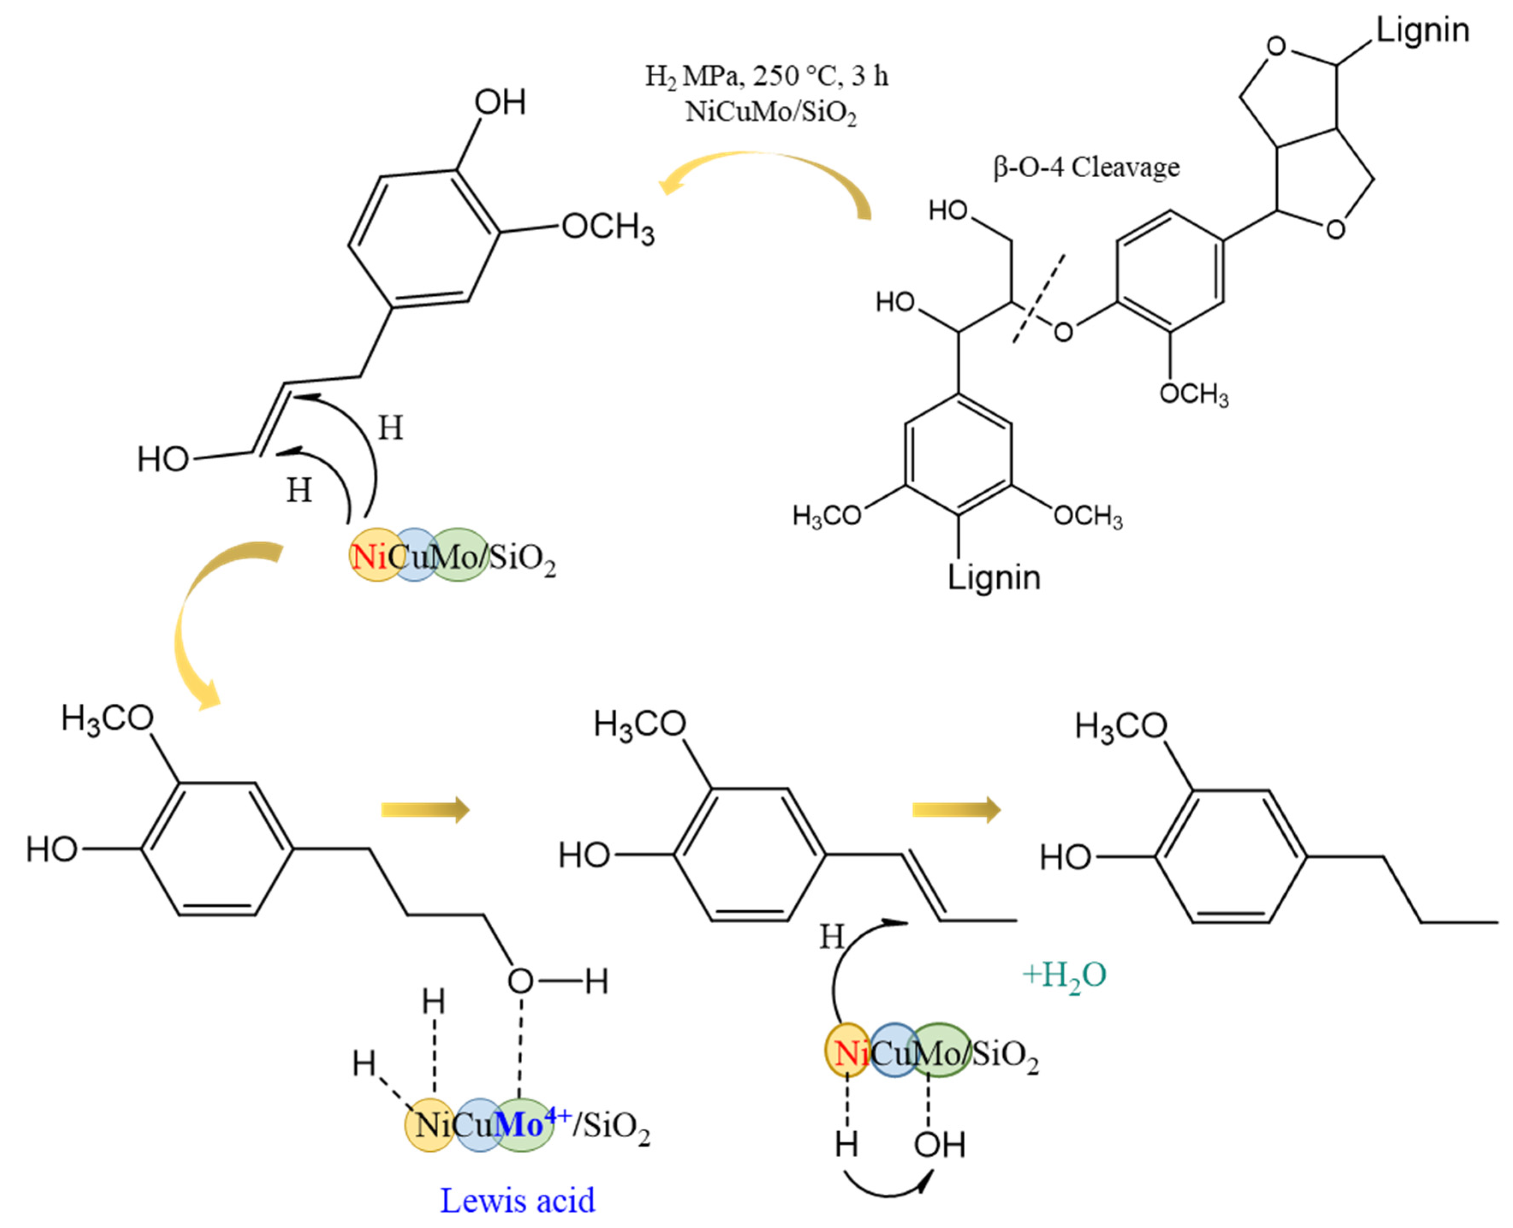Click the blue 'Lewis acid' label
pyautogui.click(x=517, y=1201)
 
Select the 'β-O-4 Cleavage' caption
pyautogui.click(x=1086, y=168)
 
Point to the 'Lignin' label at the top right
pyautogui.click(x=1422, y=30)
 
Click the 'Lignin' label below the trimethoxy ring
pyautogui.click(x=994, y=578)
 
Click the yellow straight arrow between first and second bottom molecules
pyautogui.click(x=425, y=809)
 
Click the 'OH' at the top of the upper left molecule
pyautogui.click(x=499, y=103)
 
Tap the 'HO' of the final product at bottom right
pyautogui.click(x=1064, y=858)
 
